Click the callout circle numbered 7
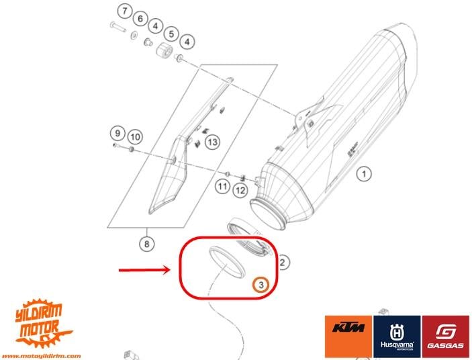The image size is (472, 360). pyautogui.click(x=123, y=11)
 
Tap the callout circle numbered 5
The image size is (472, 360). pyautogui.click(x=171, y=33)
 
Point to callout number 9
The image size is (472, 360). pyautogui.click(x=117, y=132)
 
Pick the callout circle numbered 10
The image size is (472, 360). pyautogui.click(x=134, y=137)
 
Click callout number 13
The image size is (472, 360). pyautogui.click(x=212, y=142)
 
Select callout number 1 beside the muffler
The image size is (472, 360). pyautogui.click(x=363, y=175)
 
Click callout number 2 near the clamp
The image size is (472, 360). pyautogui.click(x=284, y=262)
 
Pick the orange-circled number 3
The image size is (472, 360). pyautogui.click(x=261, y=285)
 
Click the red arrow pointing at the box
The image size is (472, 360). pyautogui.click(x=144, y=271)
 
